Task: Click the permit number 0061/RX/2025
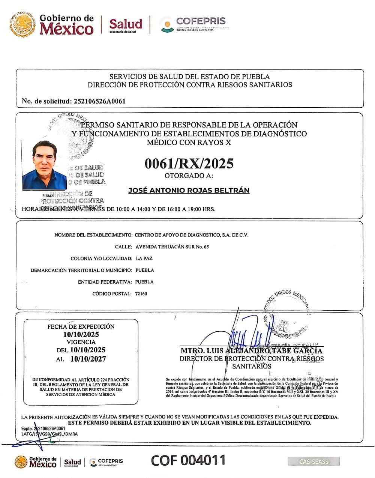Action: [189, 164]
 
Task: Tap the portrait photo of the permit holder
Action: [44, 165]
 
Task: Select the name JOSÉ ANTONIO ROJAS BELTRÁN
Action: [189, 190]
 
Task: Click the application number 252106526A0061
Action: [100, 101]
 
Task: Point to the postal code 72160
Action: [141, 294]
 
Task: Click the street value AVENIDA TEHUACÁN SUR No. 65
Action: [172, 247]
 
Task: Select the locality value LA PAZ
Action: [144, 259]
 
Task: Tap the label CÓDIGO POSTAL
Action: [112, 294]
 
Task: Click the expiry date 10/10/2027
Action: [88, 359]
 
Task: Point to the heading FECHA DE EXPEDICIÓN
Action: [81, 326]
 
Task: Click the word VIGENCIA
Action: [81, 342]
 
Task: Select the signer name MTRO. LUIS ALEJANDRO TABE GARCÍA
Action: [251, 351]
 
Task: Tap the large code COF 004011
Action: [188, 460]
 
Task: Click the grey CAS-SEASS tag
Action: [314, 461]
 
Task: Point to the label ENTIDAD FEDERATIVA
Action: [105, 282]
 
